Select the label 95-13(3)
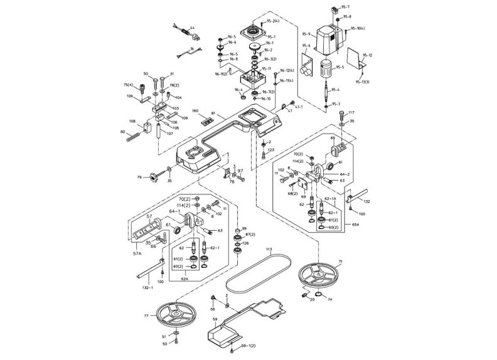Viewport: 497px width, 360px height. [363, 82]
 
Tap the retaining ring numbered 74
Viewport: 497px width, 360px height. [319, 296]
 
